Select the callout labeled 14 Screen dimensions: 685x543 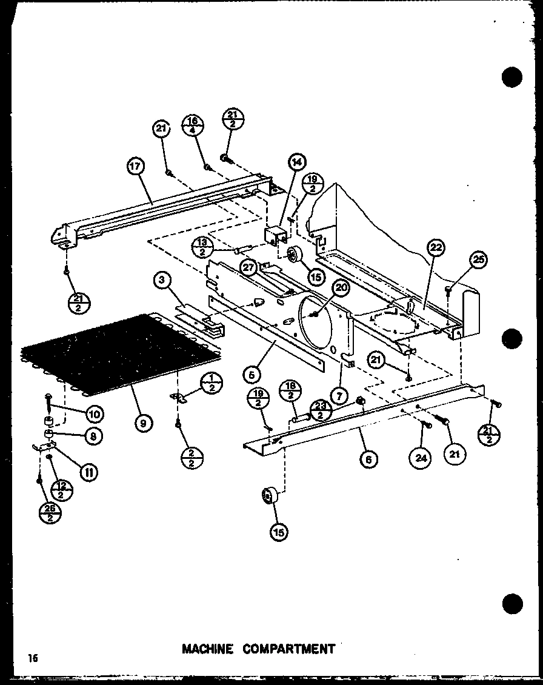tap(297, 162)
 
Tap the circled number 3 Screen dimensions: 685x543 tap(162, 279)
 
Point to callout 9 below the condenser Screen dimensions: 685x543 tap(143, 423)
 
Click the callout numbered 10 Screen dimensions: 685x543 tap(94, 414)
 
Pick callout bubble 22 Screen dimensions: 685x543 tap(436, 247)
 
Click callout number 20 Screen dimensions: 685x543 tap(341, 289)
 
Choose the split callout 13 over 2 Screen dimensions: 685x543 tap(201, 247)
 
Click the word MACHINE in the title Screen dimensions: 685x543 tap(208, 649)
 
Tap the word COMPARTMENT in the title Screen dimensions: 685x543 tap(289, 649)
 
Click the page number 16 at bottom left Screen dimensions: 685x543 tap(32, 658)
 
